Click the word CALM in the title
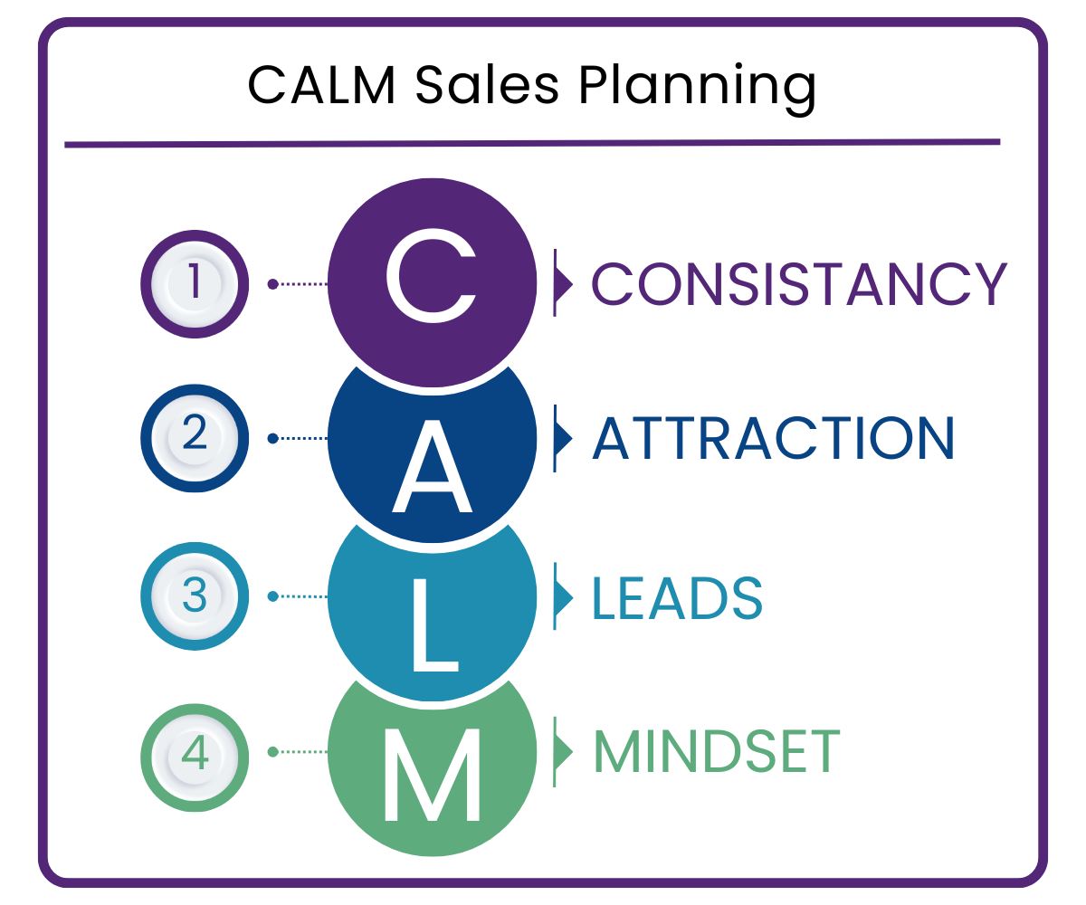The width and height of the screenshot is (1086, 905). click(x=321, y=86)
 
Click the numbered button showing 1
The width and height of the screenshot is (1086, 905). click(x=195, y=284)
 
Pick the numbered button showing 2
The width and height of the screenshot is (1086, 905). click(x=195, y=439)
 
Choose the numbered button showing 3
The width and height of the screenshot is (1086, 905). click(x=195, y=596)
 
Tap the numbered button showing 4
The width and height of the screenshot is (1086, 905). click(x=195, y=752)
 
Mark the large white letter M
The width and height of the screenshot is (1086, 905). click(x=432, y=775)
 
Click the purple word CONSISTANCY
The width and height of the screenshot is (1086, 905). click(x=799, y=283)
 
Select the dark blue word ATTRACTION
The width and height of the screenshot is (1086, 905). click(x=773, y=438)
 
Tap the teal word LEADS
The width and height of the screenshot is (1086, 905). click(x=677, y=597)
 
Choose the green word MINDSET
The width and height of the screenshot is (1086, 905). click(x=716, y=752)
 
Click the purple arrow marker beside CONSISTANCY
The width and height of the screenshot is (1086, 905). click(x=563, y=283)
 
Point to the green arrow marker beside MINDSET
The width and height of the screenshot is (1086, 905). click(x=563, y=752)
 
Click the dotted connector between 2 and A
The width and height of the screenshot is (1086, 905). click(x=300, y=439)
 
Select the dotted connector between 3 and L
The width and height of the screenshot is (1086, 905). click(x=300, y=596)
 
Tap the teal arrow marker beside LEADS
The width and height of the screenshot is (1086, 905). click(x=563, y=596)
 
